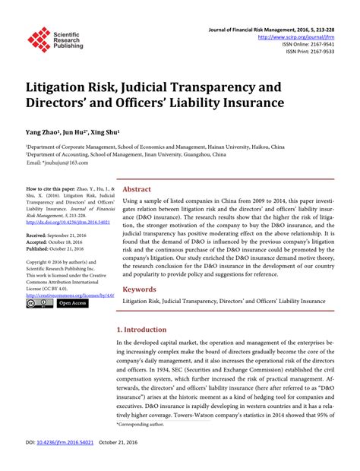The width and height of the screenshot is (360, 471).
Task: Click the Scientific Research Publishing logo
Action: [x=53, y=38]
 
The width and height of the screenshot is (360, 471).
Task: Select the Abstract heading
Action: [x=137, y=188]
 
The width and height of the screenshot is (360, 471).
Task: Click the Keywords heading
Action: [x=140, y=289]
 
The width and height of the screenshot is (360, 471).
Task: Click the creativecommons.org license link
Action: [x=71, y=295]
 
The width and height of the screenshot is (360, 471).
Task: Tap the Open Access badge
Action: [x=73, y=304]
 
